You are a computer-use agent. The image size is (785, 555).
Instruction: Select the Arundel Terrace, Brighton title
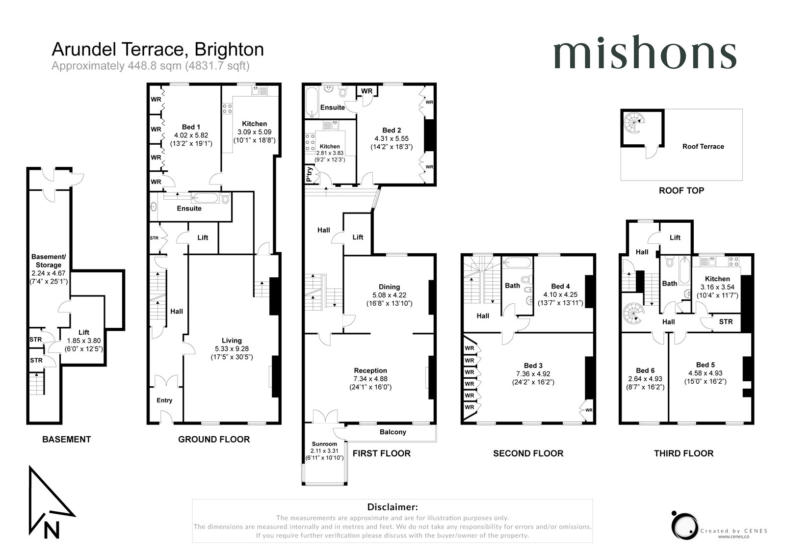click(157, 49)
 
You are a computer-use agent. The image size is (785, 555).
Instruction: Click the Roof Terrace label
click(703, 147)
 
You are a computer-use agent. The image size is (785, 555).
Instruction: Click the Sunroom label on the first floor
click(324, 444)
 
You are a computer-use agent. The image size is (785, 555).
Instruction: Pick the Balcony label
click(393, 432)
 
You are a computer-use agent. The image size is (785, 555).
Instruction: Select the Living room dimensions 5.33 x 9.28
click(232, 349)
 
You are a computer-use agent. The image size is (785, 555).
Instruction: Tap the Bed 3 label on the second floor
click(533, 366)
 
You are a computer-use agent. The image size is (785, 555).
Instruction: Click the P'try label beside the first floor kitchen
click(309, 174)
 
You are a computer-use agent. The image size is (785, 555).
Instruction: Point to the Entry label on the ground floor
click(164, 400)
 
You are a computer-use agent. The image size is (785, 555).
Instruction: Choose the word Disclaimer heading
click(392, 507)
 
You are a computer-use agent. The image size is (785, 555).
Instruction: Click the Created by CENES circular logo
click(684, 526)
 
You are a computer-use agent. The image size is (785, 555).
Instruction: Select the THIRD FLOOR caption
click(684, 453)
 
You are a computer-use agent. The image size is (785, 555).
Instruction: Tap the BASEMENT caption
click(67, 439)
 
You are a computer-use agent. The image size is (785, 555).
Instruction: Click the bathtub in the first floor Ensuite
click(312, 102)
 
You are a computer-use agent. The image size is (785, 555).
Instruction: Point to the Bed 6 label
click(645, 370)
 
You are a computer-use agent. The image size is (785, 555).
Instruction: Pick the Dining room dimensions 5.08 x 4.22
click(390, 295)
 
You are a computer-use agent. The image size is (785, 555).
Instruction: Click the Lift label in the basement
click(84, 332)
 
